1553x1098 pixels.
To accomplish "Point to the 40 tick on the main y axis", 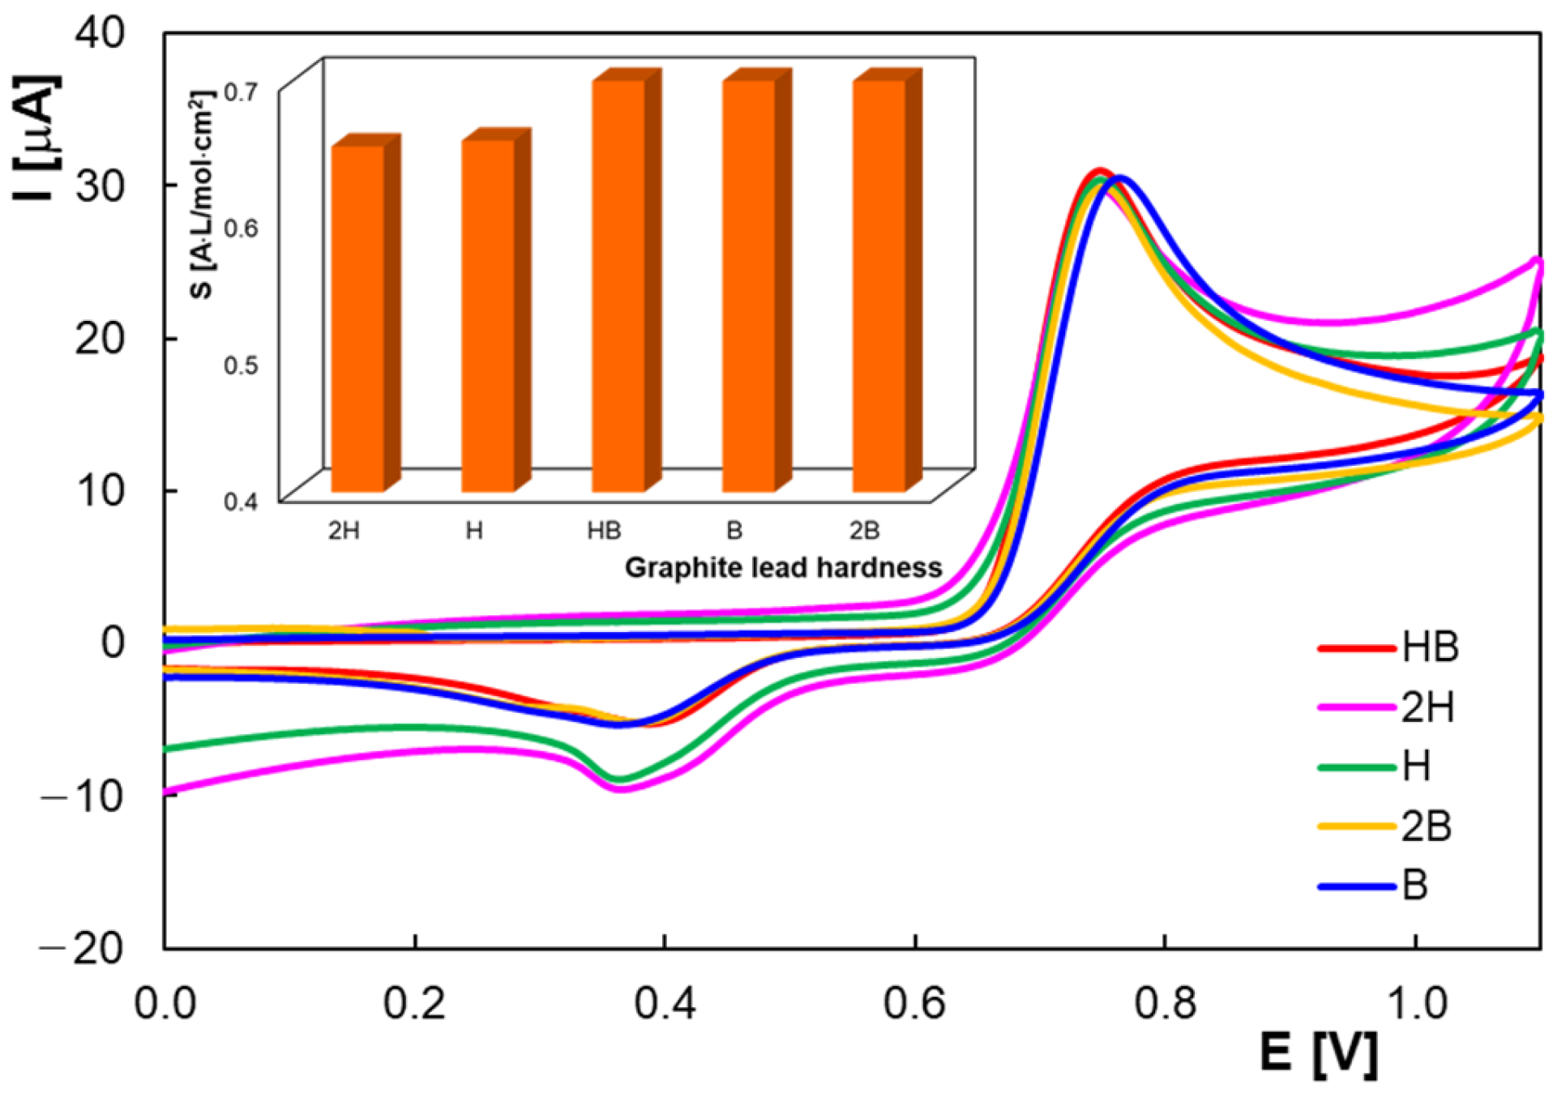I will pos(100,33).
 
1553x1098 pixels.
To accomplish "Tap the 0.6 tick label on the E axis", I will pos(914,1003).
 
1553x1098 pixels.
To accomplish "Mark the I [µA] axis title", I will pos(36,138).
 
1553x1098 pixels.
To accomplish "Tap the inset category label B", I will pos(734,531).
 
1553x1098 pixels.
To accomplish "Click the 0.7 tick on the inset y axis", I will pos(241,92).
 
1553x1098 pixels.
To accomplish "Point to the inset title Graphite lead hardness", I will pos(783,567).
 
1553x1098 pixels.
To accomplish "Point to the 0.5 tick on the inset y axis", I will pos(241,365).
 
